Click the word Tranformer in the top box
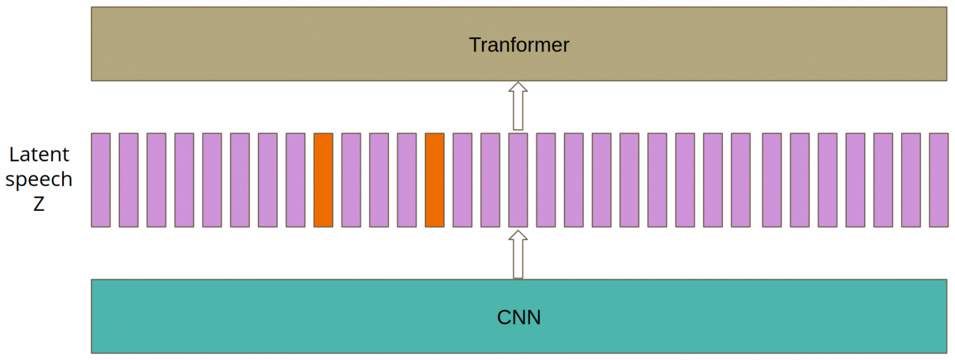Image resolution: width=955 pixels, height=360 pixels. click(519, 45)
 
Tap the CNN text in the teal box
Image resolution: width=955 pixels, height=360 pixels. click(519, 318)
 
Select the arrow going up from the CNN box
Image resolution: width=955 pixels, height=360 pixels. click(518, 254)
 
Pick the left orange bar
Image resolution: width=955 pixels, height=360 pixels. click(323, 180)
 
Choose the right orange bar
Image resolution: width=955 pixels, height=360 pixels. click(435, 180)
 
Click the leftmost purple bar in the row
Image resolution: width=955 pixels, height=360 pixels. click(101, 180)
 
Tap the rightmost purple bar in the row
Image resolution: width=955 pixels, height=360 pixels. click(938, 180)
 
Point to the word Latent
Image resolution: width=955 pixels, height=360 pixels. click(39, 154)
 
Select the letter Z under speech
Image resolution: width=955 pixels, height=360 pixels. click(39, 205)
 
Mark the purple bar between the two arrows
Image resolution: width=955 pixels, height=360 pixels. click(518, 180)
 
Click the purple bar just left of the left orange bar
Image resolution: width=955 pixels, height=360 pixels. click(295, 180)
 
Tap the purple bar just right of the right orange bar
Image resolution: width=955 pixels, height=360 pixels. click(463, 180)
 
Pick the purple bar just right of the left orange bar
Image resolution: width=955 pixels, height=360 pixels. click(351, 180)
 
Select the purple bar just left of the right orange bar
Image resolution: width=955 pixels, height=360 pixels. click(407, 180)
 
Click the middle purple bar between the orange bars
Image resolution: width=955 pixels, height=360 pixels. click(379, 180)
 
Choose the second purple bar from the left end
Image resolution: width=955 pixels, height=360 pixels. click(129, 180)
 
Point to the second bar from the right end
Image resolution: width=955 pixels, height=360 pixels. click(911, 180)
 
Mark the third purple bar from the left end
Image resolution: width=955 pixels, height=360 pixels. click(156, 180)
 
